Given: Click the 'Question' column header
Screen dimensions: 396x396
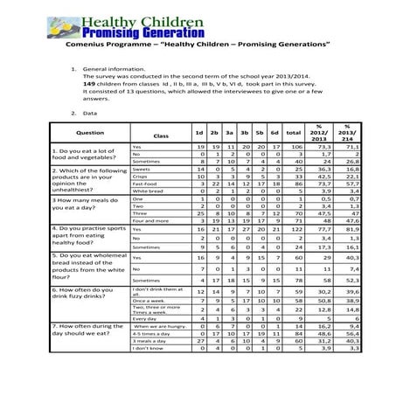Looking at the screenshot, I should (x=90, y=134).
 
